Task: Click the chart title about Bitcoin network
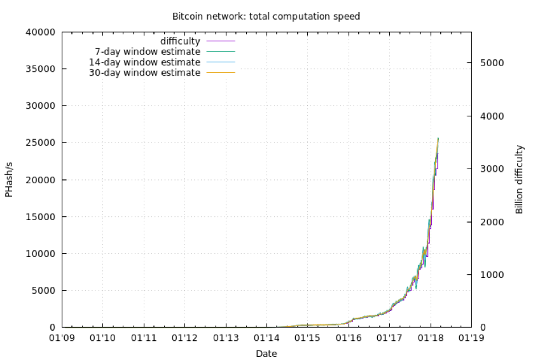click(266, 16)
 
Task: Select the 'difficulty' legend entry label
click(180, 41)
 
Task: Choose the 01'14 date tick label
click(267, 338)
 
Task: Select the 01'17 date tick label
click(389, 338)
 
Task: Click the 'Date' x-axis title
click(266, 353)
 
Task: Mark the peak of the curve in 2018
click(438, 138)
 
